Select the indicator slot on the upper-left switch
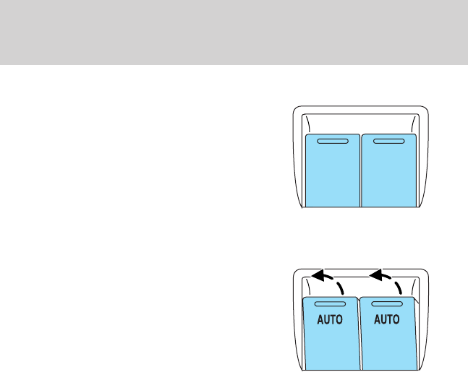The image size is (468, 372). (x=333, y=142)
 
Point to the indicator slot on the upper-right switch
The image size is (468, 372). (x=388, y=142)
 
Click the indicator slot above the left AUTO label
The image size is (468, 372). (x=331, y=306)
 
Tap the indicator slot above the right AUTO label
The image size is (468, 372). (x=387, y=306)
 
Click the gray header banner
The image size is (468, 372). (x=234, y=32)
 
